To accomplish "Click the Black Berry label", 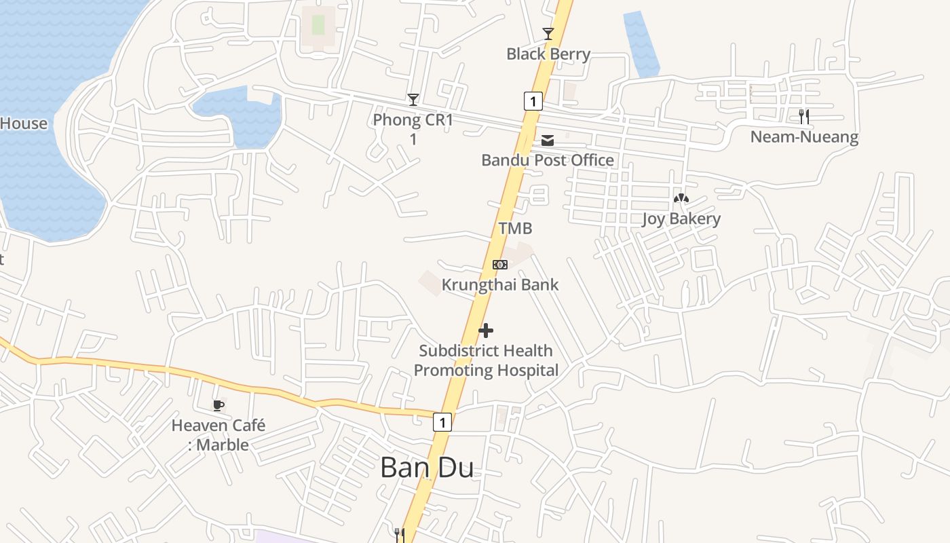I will point(548,54).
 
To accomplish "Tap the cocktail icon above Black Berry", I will point(548,33).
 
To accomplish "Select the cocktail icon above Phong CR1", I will point(413,100).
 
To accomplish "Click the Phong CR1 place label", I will point(413,129).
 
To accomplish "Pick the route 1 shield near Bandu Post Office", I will point(533,101).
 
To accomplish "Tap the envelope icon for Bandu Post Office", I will point(548,141).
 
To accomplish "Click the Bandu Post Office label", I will point(548,160).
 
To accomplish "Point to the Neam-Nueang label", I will point(804,137).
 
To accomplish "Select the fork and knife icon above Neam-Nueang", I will point(804,117).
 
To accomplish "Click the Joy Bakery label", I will point(681,219).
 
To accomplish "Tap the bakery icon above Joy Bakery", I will point(681,198).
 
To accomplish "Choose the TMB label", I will point(516,228).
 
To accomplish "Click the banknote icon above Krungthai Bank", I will point(500,264).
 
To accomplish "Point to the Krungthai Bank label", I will point(500,284).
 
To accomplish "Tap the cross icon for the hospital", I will point(486,331).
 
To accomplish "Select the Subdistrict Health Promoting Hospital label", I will point(486,360).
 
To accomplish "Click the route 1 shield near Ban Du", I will point(442,422).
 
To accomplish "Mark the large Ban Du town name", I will point(427,468).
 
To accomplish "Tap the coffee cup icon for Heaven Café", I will point(218,405).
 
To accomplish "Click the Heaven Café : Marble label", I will point(218,435).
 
